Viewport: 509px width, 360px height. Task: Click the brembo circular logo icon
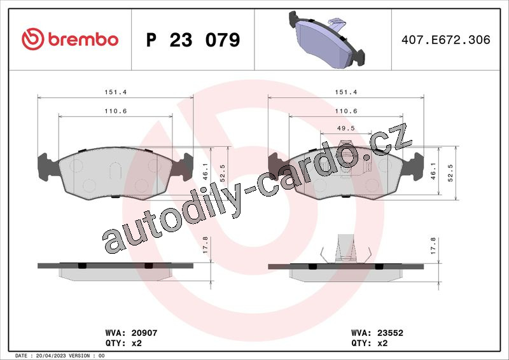tap(33, 39)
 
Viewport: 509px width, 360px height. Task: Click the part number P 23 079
tap(193, 39)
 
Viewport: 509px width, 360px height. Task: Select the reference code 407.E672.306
tap(446, 39)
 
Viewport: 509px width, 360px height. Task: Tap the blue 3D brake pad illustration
tap(326, 39)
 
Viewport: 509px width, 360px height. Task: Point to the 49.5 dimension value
tap(345, 128)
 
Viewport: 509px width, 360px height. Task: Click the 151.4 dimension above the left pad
tap(116, 92)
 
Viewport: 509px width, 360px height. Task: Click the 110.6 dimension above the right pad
tap(346, 111)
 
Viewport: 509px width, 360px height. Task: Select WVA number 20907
tap(144, 333)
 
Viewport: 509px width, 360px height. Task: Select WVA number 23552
tap(390, 333)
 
